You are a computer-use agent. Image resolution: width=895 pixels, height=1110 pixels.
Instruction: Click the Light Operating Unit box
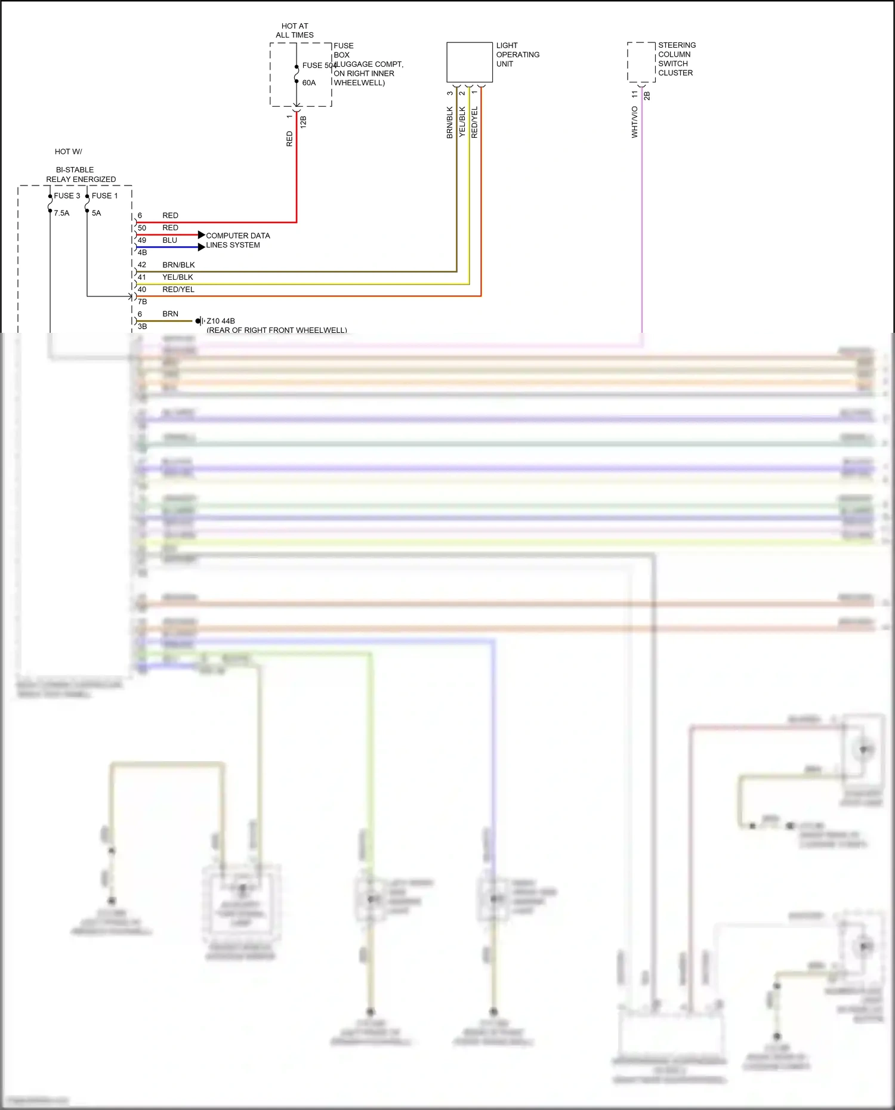tap(470, 62)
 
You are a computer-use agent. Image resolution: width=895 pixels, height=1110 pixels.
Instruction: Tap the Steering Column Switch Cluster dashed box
tap(641, 61)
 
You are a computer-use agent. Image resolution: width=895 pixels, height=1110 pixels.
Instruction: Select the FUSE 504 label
tap(320, 65)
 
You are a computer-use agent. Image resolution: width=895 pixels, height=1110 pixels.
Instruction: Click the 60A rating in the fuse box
tap(308, 83)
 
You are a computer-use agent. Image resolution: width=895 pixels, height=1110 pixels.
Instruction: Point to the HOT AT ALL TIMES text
tap(295, 30)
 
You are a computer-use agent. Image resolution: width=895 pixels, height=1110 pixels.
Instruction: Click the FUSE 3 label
tap(67, 196)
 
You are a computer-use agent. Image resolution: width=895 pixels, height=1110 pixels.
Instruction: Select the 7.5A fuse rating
tap(61, 213)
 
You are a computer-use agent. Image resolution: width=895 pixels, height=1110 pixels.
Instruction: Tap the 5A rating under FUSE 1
tap(96, 213)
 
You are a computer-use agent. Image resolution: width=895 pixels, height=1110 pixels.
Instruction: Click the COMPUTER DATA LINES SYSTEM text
tap(237, 240)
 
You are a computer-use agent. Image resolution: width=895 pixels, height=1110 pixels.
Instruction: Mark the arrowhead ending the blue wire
tap(202, 247)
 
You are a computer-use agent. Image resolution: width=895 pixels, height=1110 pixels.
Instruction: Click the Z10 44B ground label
tap(221, 321)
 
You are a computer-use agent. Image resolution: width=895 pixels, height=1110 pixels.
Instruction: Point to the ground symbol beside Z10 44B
tap(200, 321)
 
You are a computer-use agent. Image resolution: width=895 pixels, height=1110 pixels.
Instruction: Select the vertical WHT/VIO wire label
tap(634, 122)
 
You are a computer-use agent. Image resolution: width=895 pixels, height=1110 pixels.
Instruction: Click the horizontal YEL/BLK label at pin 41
tap(178, 277)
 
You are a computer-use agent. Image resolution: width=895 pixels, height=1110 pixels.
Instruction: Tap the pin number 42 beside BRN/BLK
tap(142, 265)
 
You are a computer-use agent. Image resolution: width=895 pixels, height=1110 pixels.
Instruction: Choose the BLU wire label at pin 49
tap(170, 240)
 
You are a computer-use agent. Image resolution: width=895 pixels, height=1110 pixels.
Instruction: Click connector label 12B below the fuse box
tap(303, 122)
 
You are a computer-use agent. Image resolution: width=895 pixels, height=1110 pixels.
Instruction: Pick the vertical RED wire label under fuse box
tap(289, 139)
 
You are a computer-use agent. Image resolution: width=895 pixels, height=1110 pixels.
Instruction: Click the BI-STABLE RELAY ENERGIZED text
tap(81, 174)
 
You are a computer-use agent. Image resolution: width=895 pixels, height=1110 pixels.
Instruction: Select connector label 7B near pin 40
tap(143, 302)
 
